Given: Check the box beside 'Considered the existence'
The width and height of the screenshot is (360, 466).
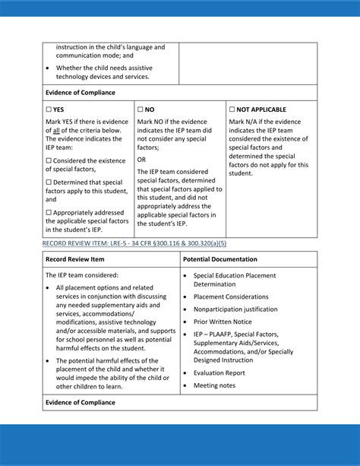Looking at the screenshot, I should pos(49,160).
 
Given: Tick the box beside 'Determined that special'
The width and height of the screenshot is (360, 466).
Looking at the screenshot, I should pos(49,182).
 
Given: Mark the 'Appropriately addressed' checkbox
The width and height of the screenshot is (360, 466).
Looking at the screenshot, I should pos(49,212).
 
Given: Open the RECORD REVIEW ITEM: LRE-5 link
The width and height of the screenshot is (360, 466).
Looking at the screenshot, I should pos(134,243).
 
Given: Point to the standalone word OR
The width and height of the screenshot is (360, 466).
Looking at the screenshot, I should pos(142,160).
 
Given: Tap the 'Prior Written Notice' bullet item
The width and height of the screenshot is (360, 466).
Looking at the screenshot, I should pos(223,322).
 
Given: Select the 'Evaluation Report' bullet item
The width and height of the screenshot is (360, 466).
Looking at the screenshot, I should pos(219,373).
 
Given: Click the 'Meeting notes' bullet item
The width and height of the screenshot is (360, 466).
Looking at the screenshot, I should pos(214,385).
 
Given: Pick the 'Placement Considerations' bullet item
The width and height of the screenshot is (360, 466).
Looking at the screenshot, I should pos(231,297).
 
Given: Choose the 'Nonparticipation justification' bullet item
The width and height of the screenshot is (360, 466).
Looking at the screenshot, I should pos(235,309).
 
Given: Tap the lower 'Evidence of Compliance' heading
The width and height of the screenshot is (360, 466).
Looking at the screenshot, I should pos(81,402).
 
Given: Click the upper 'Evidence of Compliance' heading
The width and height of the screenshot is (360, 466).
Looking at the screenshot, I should pos(81,93).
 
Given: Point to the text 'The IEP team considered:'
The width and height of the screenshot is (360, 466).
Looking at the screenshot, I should pos(82,275).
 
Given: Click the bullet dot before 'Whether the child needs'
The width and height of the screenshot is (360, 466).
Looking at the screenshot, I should pos(49,67).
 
